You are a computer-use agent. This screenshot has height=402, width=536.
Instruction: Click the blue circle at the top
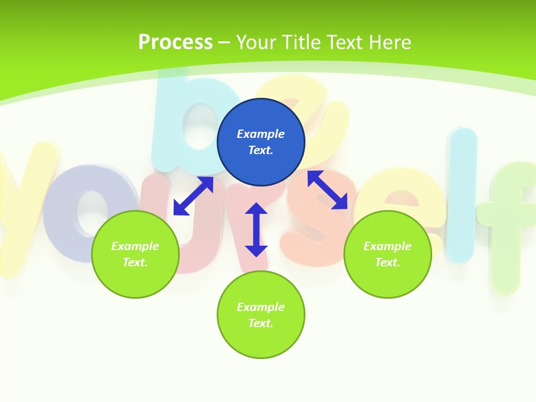pyautogui.click(x=261, y=142)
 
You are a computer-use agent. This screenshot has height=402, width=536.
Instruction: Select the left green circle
pyautogui.click(x=135, y=254)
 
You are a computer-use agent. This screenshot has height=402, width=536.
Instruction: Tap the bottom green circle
pyautogui.click(x=261, y=315)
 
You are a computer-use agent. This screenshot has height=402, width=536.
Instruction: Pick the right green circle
pyautogui.click(x=387, y=254)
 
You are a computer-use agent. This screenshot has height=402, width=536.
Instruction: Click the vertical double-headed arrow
pyautogui.click(x=256, y=229)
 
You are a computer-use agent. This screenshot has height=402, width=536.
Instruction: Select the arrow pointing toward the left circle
pyautogui.click(x=193, y=196)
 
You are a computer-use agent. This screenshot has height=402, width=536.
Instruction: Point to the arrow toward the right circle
pyautogui.click(x=328, y=190)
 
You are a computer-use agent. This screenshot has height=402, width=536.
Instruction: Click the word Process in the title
pyautogui.click(x=175, y=42)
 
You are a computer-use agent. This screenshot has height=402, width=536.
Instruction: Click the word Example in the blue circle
pyautogui.click(x=261, y=134)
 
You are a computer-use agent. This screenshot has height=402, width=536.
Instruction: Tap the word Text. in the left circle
pyautogui.click(x=135, y=262)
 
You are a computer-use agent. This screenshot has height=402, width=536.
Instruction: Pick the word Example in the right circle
pyautogui.click(x=387, y=246)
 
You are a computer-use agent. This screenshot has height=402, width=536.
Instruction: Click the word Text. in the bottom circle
pyautogui.click(x=261, y=323)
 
